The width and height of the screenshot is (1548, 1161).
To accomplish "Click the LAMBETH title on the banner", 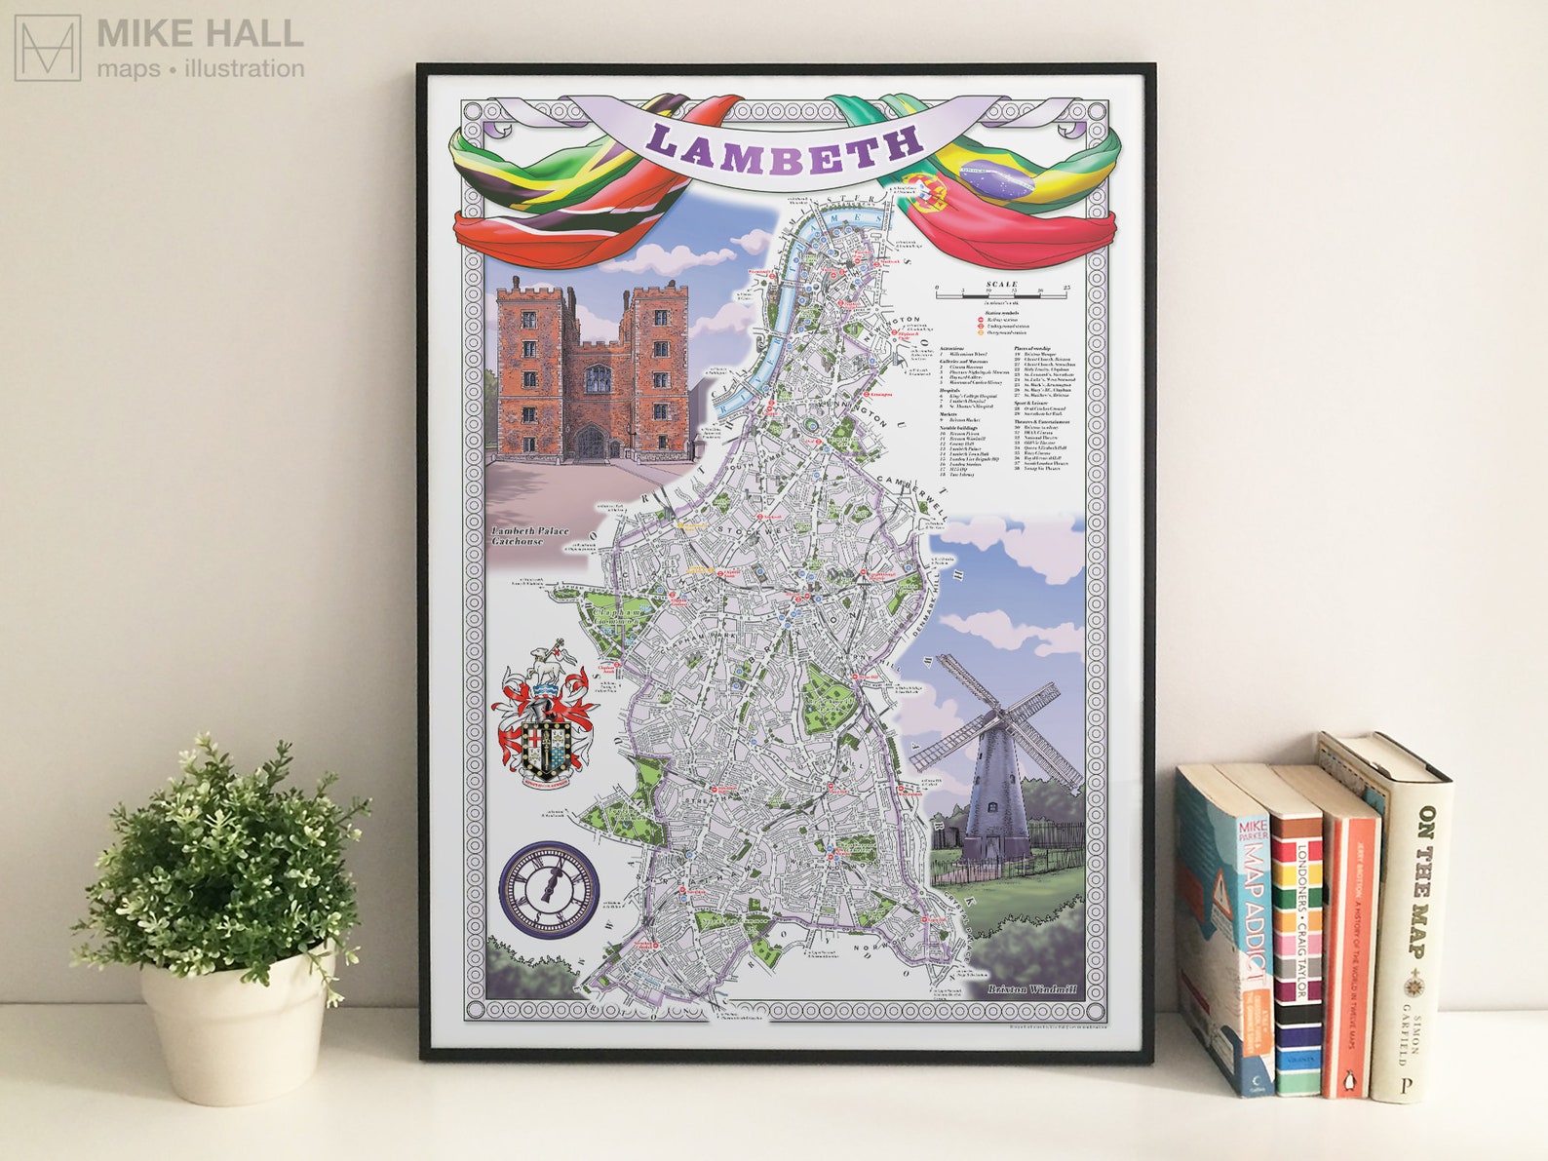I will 786,148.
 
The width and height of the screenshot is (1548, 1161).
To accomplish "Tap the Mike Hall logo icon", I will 47,48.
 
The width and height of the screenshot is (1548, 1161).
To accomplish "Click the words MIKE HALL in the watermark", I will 200,34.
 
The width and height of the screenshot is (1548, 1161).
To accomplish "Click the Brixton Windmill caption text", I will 1032,989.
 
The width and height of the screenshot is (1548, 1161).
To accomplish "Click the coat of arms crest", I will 546,716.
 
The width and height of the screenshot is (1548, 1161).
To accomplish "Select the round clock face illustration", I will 550,889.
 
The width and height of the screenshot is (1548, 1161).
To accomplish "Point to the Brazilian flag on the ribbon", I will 994,181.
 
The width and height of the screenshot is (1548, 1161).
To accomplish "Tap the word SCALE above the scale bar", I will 1001,284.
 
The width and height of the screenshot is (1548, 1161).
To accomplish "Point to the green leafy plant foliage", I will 224,858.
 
